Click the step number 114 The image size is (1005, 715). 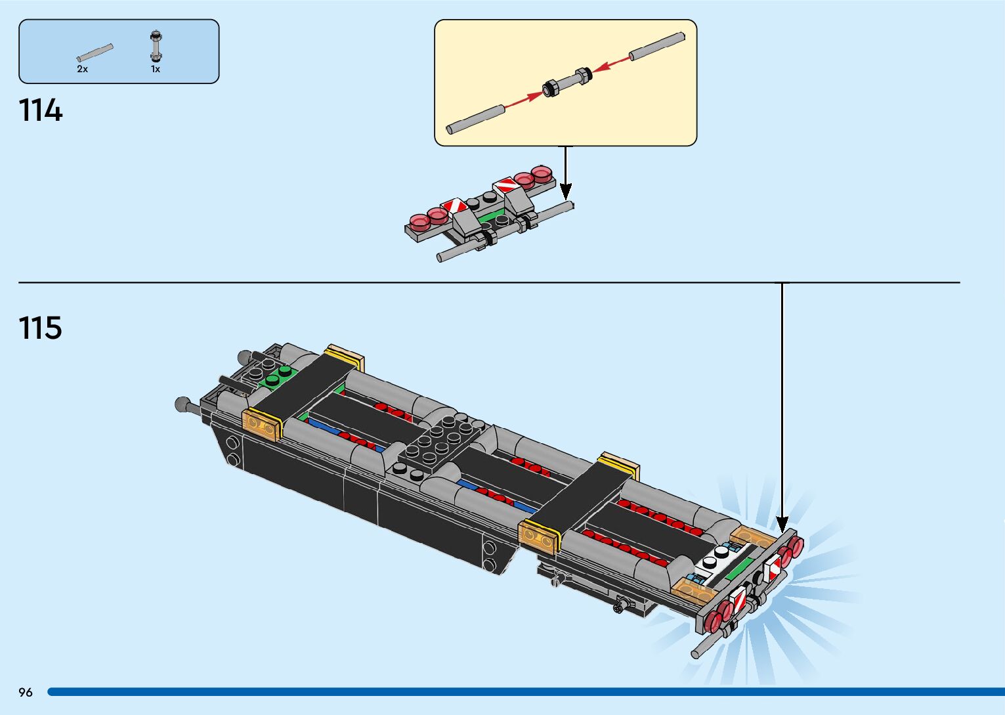point(41,110)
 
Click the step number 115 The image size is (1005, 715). point(41,328)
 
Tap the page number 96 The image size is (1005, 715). point(26,692)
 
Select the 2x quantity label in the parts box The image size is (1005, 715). point(82,69)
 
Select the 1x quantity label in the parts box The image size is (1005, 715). point(156,69)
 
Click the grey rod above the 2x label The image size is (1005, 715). point(95,53)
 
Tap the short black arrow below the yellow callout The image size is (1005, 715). point(566,172)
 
